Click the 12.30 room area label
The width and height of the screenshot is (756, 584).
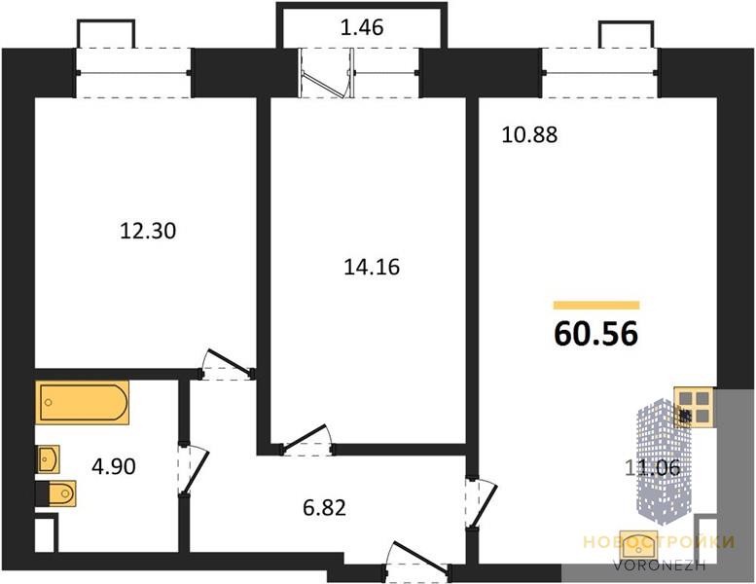pyautogui.click(x=148, y=231)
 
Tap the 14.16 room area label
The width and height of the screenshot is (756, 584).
pyautogui.click(x=372, y=267)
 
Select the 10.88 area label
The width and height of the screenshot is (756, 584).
pyautogui.click(x=529, y=134)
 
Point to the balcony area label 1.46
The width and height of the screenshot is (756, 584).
pyautogui.click(x=362, y=27)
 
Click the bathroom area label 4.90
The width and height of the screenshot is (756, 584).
pyautogui.click(x=113, y=466)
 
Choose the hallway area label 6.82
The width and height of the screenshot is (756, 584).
pyautogui.click(x=324, y=508)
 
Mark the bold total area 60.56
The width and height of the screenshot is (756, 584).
pyautogui.click(x=596, y=333)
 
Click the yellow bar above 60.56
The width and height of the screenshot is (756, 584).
pyautogui.click(x=596, y=305)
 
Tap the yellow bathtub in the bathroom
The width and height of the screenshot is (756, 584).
pyautogui.click(x=82, y=403)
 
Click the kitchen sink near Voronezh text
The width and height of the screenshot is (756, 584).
pyautogui.click(x=639, y=545)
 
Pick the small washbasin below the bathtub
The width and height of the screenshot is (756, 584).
pyautogui.click(x=49, y=458)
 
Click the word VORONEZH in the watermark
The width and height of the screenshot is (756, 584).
pyautogui.click(x=659, y=565)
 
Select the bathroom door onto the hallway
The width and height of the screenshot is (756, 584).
pyautogui.click(x=194, y=470)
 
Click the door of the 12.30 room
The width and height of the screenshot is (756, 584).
pyautogui.click(x=228, y=363)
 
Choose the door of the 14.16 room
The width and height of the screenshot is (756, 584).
pyautogui.click(x=306, y=439)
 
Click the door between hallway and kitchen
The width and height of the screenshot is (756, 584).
pyautogui.click(x=482, y=503)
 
